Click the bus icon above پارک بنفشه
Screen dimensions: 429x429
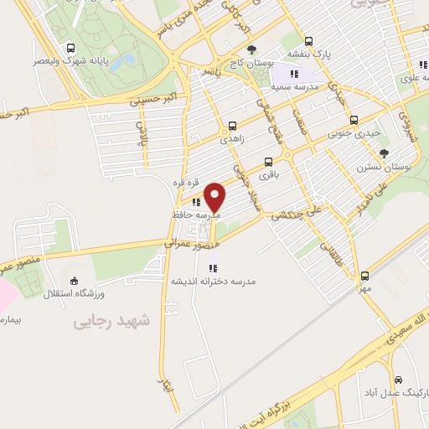pyautogui.click(x=308, y=40)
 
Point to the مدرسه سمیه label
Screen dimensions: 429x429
pyautogui.click(x=298, y=86)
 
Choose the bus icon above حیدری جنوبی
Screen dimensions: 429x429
pyautogui.click(x=354, y=120)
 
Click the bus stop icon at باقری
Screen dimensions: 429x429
pyautogui.click(x=268, y=162)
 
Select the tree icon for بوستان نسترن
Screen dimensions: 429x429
pyautogui.click(x=385, y=153)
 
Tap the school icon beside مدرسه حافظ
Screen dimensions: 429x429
pyautogui.click(x=195, y=202)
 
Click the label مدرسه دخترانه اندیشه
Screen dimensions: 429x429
pyautogui.click(x=213, y=282)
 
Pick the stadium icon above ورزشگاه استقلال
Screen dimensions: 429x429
pyautogui.click(x=75, y=282)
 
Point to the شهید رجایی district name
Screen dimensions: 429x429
pyautogui.click(x=110, y=319)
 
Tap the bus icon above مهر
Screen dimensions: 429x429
pyautogui.click(x=364, y=275)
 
